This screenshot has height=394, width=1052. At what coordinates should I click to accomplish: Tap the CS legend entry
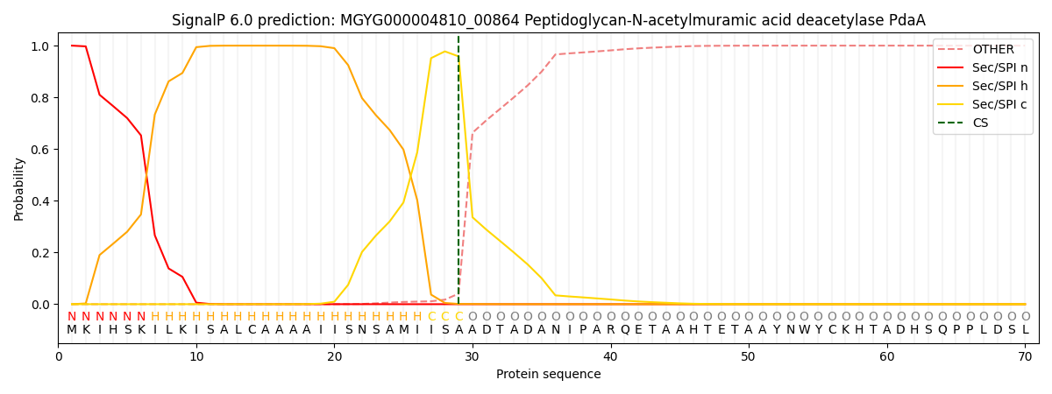tap(980, 123)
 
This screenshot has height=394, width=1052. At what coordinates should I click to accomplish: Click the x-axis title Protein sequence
tap(549, 374)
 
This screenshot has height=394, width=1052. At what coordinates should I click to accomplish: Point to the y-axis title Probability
tap(19, 188)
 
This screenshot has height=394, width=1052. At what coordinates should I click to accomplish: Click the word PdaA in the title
tap(906, 20)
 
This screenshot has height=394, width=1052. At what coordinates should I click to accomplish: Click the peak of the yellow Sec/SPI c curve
tap(444, 52)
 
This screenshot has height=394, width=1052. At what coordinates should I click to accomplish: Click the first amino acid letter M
tap(72, 330)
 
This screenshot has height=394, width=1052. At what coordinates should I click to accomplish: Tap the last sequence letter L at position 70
tap(1025, 330)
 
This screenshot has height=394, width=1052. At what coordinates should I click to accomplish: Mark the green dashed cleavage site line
tap(458, 175)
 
